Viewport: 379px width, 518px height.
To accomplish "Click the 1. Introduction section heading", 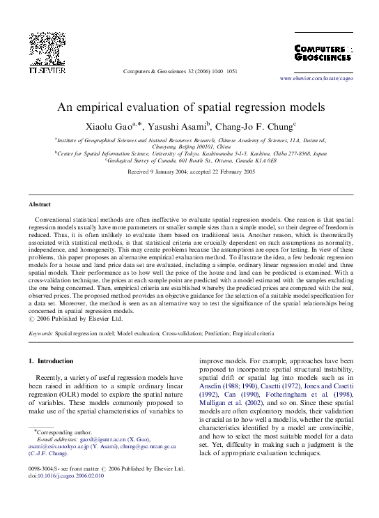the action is pos(50,361).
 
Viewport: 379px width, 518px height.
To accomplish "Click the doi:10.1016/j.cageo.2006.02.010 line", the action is pos(65,476).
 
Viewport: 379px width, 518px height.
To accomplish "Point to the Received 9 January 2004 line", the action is pos(190,171).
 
